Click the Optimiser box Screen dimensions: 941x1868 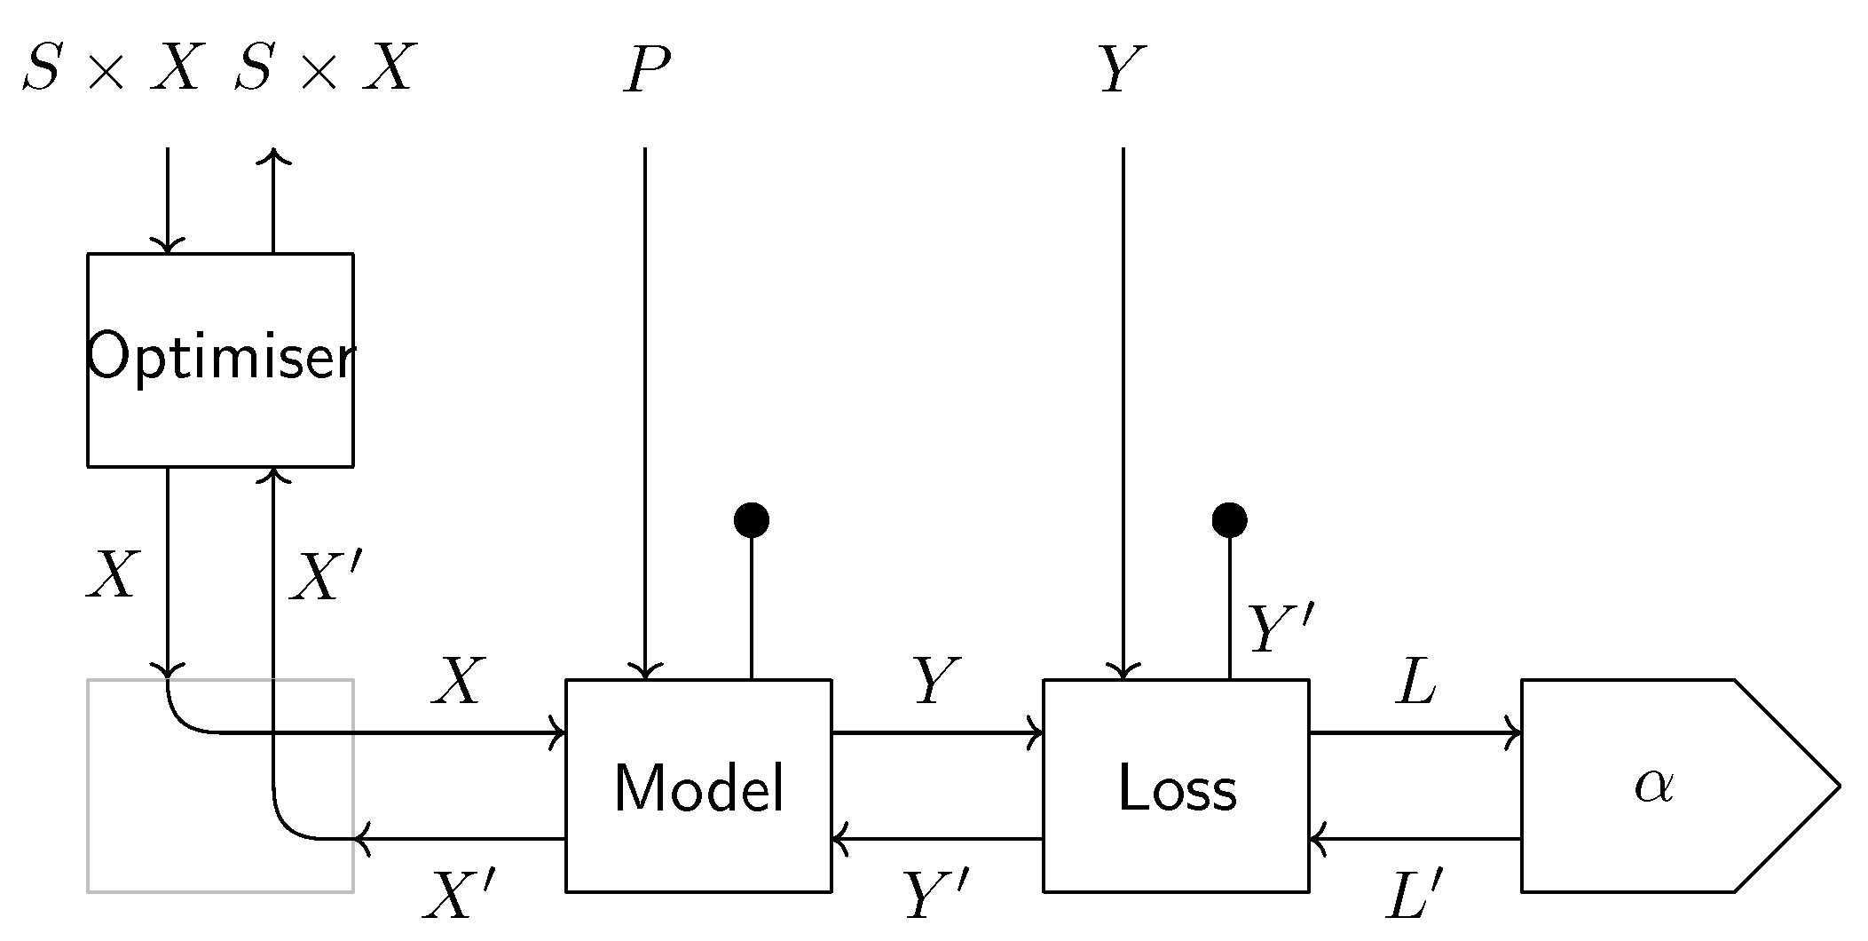(x=220, y=360)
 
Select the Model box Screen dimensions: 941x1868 (x=698, y=787)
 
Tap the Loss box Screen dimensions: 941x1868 (x=1176, y=787)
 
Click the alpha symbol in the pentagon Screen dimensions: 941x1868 (x=1654, y=785)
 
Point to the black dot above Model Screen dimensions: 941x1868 (x=752, y=519)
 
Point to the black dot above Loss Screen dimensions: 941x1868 (x=1229, y=519)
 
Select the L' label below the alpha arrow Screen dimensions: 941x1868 (x=1415, y=895)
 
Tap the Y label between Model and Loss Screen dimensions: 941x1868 (x=937, y=682)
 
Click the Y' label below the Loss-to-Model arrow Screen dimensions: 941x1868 (x=935, y=895)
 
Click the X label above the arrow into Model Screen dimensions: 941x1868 (x=458, y=682)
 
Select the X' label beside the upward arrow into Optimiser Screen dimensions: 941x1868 (x=327, y=577)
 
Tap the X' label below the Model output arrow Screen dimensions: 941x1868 (x=458, y=895)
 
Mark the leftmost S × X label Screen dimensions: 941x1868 (x=112, y=69)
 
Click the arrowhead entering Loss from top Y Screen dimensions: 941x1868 (x=1123, y=671)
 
